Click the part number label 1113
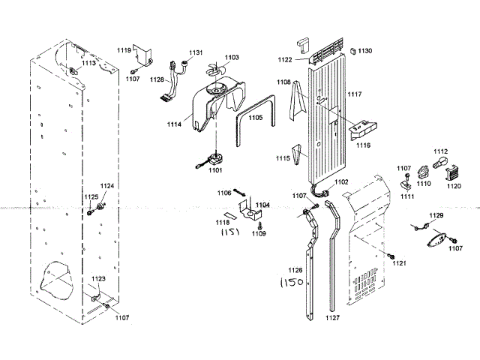click(x=88, y=64)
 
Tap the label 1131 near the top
click(x=196, y=52)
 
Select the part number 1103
click(x=231, y=58)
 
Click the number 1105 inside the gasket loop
click(x=256, y=118)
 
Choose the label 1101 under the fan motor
click(x=215, y=170)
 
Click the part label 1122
click(x=285, y=59)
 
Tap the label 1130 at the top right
click(x=364, y=50)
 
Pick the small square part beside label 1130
click(x=351, y=50)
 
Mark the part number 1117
click(x=354, y=94)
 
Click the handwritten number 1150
click(x=291, y=283)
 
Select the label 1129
click(x=436, y=216)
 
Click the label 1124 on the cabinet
click(x=107, y=186)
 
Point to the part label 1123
click(x=98, y=278)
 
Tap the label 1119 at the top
click(x=124, y=49)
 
